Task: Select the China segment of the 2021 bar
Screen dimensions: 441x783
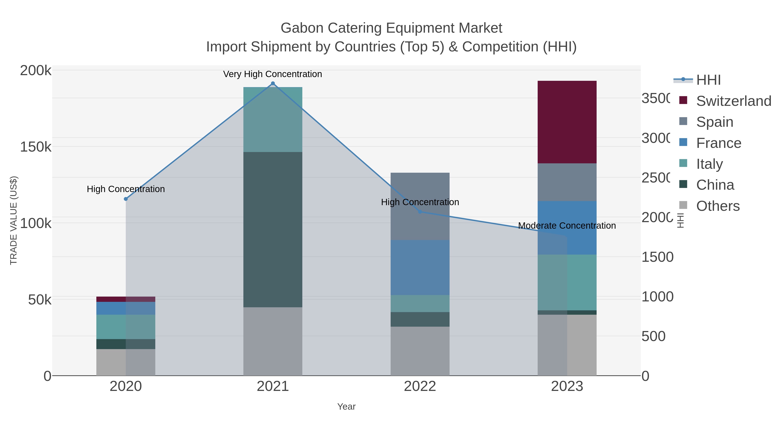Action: tap(273, 230)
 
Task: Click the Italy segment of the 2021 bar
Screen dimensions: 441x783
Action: tap(273, 119)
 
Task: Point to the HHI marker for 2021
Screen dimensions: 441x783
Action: tap(273, 83)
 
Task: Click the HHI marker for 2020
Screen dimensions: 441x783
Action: tap(126, 199)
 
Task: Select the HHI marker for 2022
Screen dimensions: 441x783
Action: tap(420, 211)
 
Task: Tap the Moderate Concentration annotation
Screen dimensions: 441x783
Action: tap(567, 226)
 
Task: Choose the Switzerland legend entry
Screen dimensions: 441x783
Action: tap(733, 101)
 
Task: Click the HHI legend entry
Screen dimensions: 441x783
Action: tap(708, 80)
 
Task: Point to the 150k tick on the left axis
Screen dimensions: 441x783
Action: tap(36, 147)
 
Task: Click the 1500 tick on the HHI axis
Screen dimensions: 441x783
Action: tap(657, 257)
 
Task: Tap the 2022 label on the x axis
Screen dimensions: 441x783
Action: tap(420, 387)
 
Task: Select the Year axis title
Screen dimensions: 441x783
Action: tap(346, 407)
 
